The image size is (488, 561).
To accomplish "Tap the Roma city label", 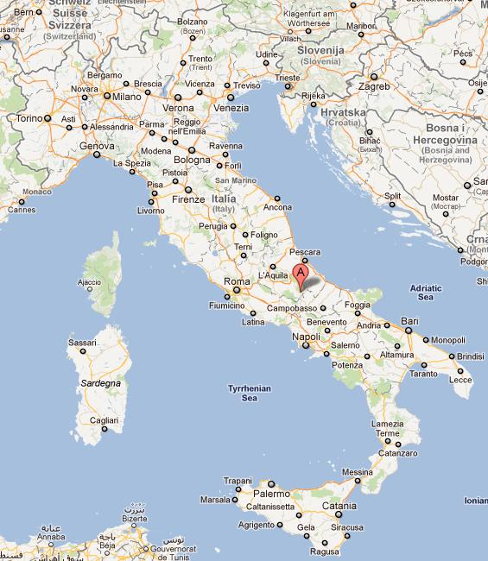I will tap(237, 281).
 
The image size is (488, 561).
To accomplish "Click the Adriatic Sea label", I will tap(424, 292).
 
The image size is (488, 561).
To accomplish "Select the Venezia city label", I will tap(231, 108).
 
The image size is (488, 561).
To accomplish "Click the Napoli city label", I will tap(307, 337).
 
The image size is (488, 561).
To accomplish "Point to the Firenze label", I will tap(187, 199).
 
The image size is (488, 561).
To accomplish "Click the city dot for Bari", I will tap(402, 329).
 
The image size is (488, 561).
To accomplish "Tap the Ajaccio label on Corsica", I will tap(89, 282).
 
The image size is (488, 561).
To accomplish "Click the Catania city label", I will tap(339, 506).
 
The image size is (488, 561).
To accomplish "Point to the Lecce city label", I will tap(461, 379).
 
